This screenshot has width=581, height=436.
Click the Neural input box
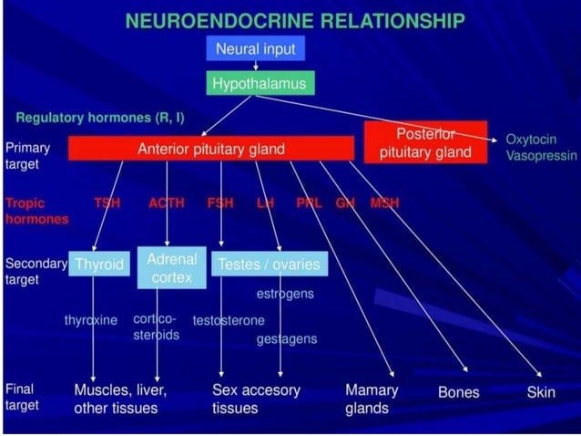pyautogui.click(x=255, y=48)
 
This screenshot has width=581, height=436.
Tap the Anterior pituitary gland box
pyautogui.click(x=210, y=149)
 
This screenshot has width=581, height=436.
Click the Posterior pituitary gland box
pyautogui.click(x=425, y=142)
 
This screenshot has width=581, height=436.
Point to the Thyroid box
pyautogui.click(x=98, y=265)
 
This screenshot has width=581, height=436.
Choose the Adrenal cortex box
pyautogui.click(x=171, y=267)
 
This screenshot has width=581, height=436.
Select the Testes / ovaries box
pyautogui.click(x=269, y=265)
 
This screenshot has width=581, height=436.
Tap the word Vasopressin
pyautogui.click(x=541, y=156)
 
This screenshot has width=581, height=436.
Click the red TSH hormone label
pyautogui.click(x=107, y=202)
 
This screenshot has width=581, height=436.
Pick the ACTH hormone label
pyautogui.click(x=167, y=202)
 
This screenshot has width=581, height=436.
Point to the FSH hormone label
pyautogui.click(x=220, y=202)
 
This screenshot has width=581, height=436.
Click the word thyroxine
pyautogui.click(x=91, y=320)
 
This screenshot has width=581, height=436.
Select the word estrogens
pyautogui.click(x=284, y=294)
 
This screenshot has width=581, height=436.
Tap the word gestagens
pyautogui.click(x=287, y=338)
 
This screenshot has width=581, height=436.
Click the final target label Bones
pyautogui.click(x=459, y=392)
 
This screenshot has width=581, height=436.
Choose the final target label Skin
pyautogui.click(x=541, y=392)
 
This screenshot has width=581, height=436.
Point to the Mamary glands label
pyautogui.click(x=372, y=399)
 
